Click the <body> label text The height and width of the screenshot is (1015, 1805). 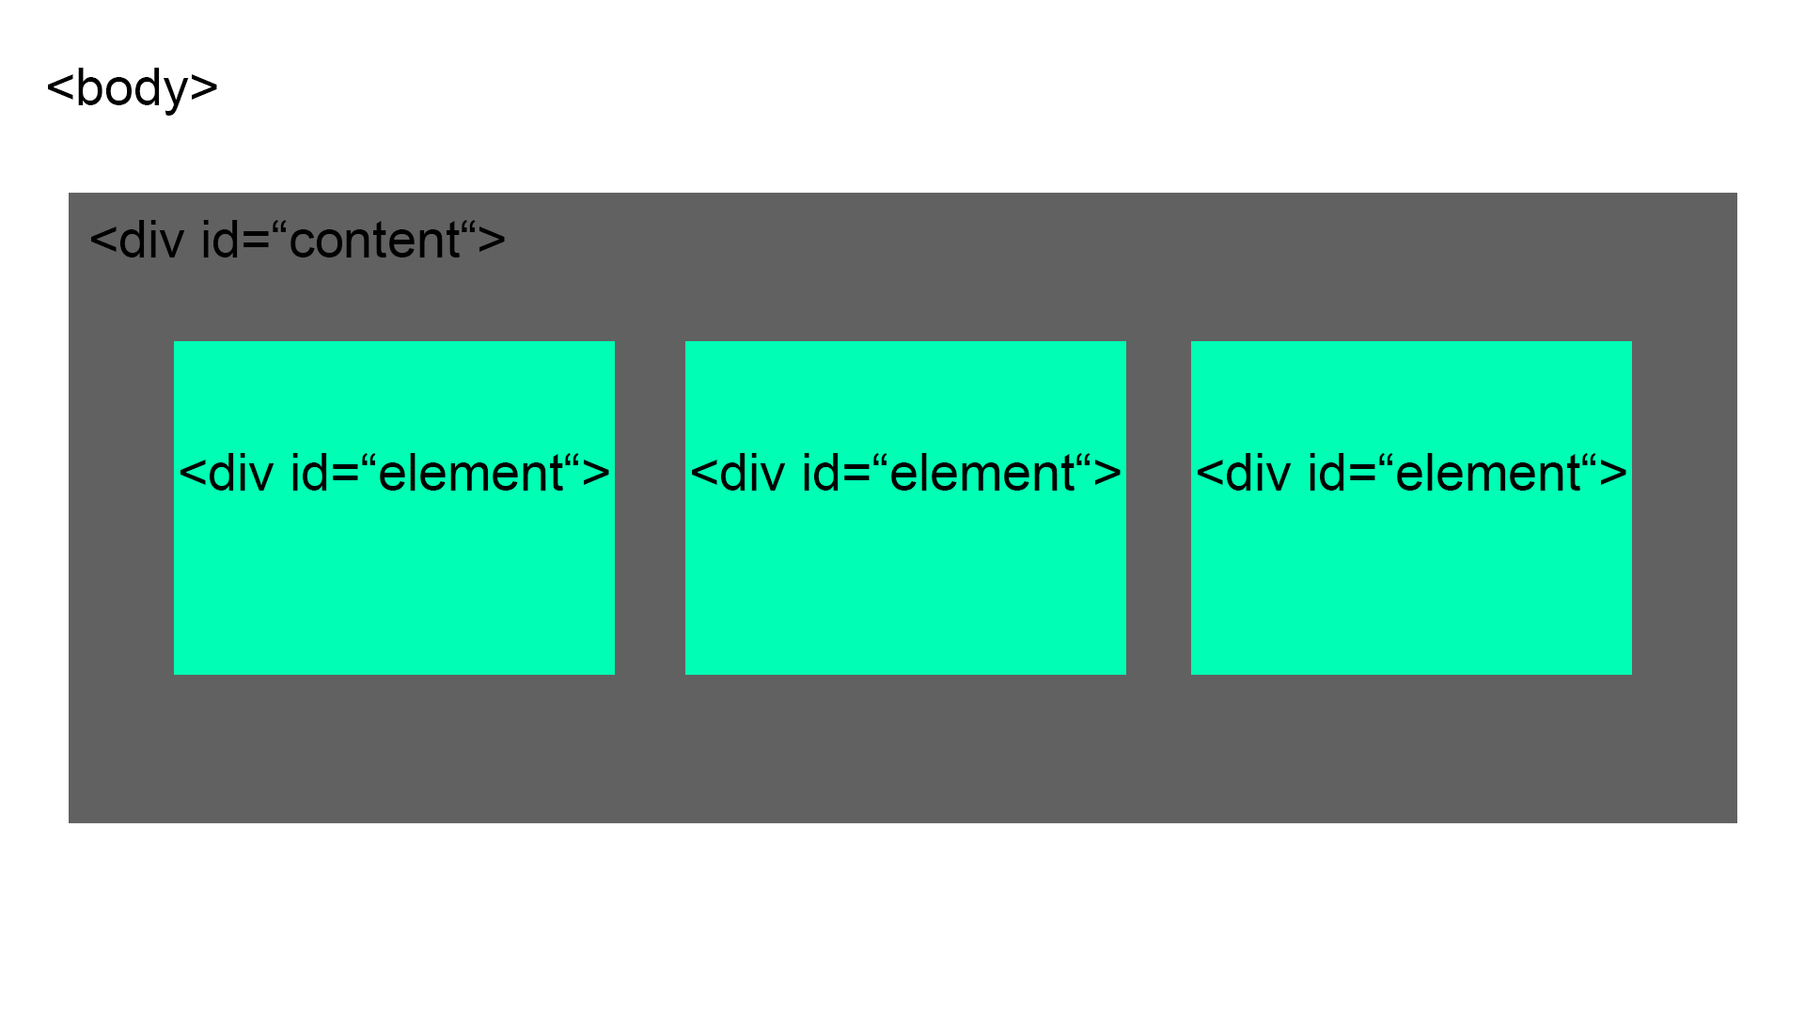click(x=132, y=88)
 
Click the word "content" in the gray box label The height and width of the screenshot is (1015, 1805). click(x=374, y=241)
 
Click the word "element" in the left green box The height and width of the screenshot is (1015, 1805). click(x=470, y=474)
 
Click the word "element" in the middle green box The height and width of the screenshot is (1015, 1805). click(x=981, y=474)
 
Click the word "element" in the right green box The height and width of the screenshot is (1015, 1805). click(x=1487, y=474)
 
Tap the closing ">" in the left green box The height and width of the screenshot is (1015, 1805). click(x=596, y=474)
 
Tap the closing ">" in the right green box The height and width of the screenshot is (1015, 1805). click(x=1613, y=474)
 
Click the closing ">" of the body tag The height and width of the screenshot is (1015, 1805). click(x=204, y=88)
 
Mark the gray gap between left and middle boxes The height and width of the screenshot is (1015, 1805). click(x=650, y=507)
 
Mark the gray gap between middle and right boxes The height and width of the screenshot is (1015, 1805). click(x=1158, y=507)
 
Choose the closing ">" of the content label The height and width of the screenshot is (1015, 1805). click(x=492, y=241)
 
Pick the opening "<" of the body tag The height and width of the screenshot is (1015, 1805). click(x=60, y=88)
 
